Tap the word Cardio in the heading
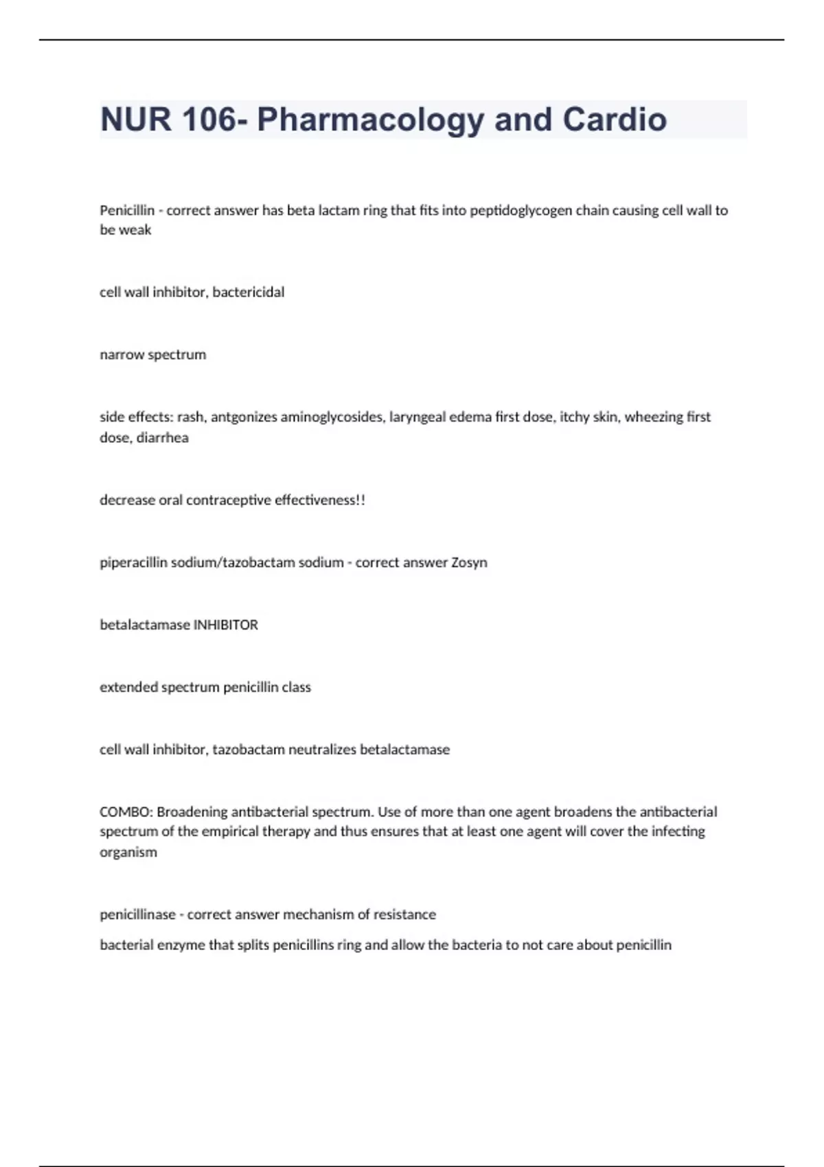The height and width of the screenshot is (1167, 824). tap(615, 119)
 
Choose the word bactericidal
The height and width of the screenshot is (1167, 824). tap(248, 292)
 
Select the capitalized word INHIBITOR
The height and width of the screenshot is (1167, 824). tap(226, 625)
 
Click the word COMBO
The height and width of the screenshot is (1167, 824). tap(126, 812)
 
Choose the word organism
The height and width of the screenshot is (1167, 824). tap(128, 853)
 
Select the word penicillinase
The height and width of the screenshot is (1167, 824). tap(138, 915)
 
